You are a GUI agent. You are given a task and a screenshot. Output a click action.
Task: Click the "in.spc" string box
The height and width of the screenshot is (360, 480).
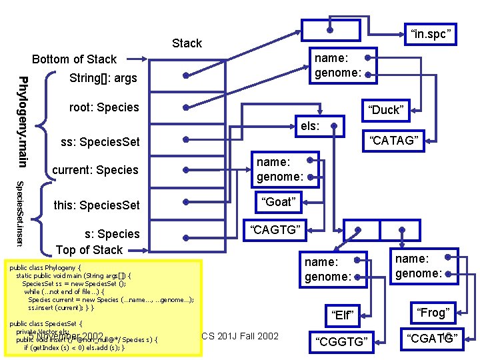click(431, 33)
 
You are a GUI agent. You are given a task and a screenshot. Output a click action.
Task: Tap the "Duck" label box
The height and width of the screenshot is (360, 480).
click(385, 110)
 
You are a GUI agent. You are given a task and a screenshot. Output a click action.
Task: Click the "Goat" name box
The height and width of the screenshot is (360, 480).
click(279, 201)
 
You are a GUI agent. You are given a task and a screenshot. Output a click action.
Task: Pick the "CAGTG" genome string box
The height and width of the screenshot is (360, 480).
click(275, 231)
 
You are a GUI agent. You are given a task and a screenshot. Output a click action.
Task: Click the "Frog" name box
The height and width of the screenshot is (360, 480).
click(433, 312)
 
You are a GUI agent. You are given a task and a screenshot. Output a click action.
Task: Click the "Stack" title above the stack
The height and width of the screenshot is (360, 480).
click(187, 43)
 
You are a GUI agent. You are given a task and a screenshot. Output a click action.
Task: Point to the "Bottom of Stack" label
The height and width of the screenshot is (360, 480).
click(74, 59)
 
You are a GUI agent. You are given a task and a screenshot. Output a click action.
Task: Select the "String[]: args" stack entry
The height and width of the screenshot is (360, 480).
click(103, 79)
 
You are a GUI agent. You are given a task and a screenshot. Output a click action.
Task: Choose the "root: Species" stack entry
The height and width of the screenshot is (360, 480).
click(104, 107)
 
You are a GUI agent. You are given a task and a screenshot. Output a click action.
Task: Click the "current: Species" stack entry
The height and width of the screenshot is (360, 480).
click(95, 170)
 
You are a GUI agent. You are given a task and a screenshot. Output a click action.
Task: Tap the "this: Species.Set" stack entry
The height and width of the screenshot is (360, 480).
click(97, 205)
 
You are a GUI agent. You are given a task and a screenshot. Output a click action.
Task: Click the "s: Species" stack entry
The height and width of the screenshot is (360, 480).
click(111, 234)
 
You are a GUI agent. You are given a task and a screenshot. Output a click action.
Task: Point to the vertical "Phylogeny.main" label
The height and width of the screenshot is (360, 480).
click(23, 121)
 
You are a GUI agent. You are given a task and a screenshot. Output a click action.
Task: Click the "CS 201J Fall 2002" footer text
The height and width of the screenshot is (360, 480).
click(240, 335)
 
